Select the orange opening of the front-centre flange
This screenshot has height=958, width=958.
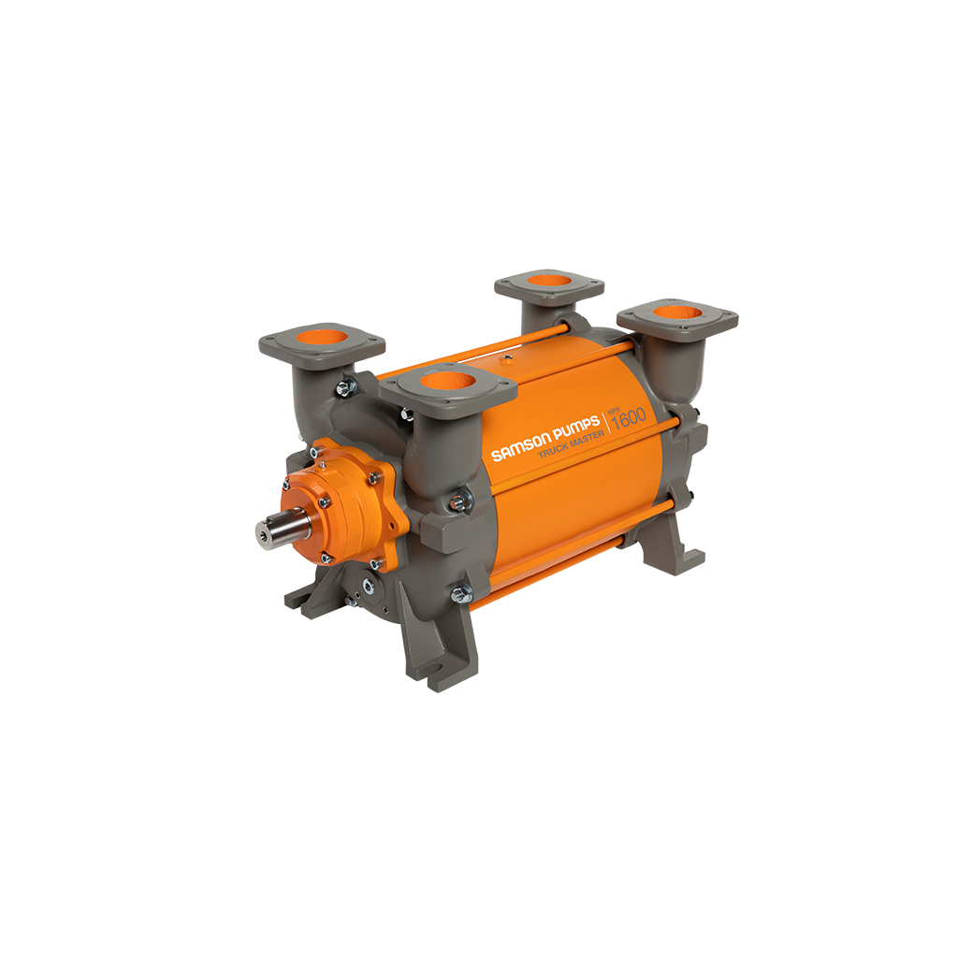tap(448, 380)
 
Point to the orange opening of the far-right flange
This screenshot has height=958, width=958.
tap(676, 309)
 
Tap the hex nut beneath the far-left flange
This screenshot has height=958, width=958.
tap(345, 384)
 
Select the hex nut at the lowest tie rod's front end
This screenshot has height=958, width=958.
tap(461, 593)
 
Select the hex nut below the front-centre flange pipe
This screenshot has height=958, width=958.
tap(459, 502)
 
